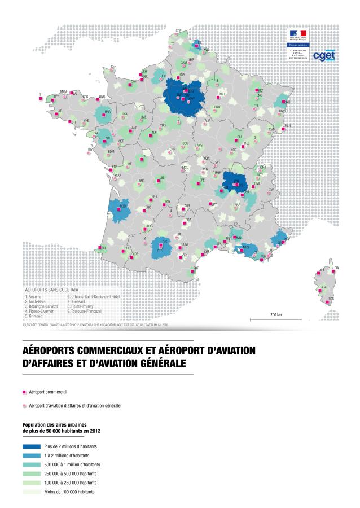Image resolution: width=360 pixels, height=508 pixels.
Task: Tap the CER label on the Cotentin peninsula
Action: pos(113,67)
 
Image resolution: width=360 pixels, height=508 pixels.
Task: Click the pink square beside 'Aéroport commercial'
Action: pos(24,391)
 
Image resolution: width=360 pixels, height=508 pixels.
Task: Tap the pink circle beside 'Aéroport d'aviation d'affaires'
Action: pos(24,405)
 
